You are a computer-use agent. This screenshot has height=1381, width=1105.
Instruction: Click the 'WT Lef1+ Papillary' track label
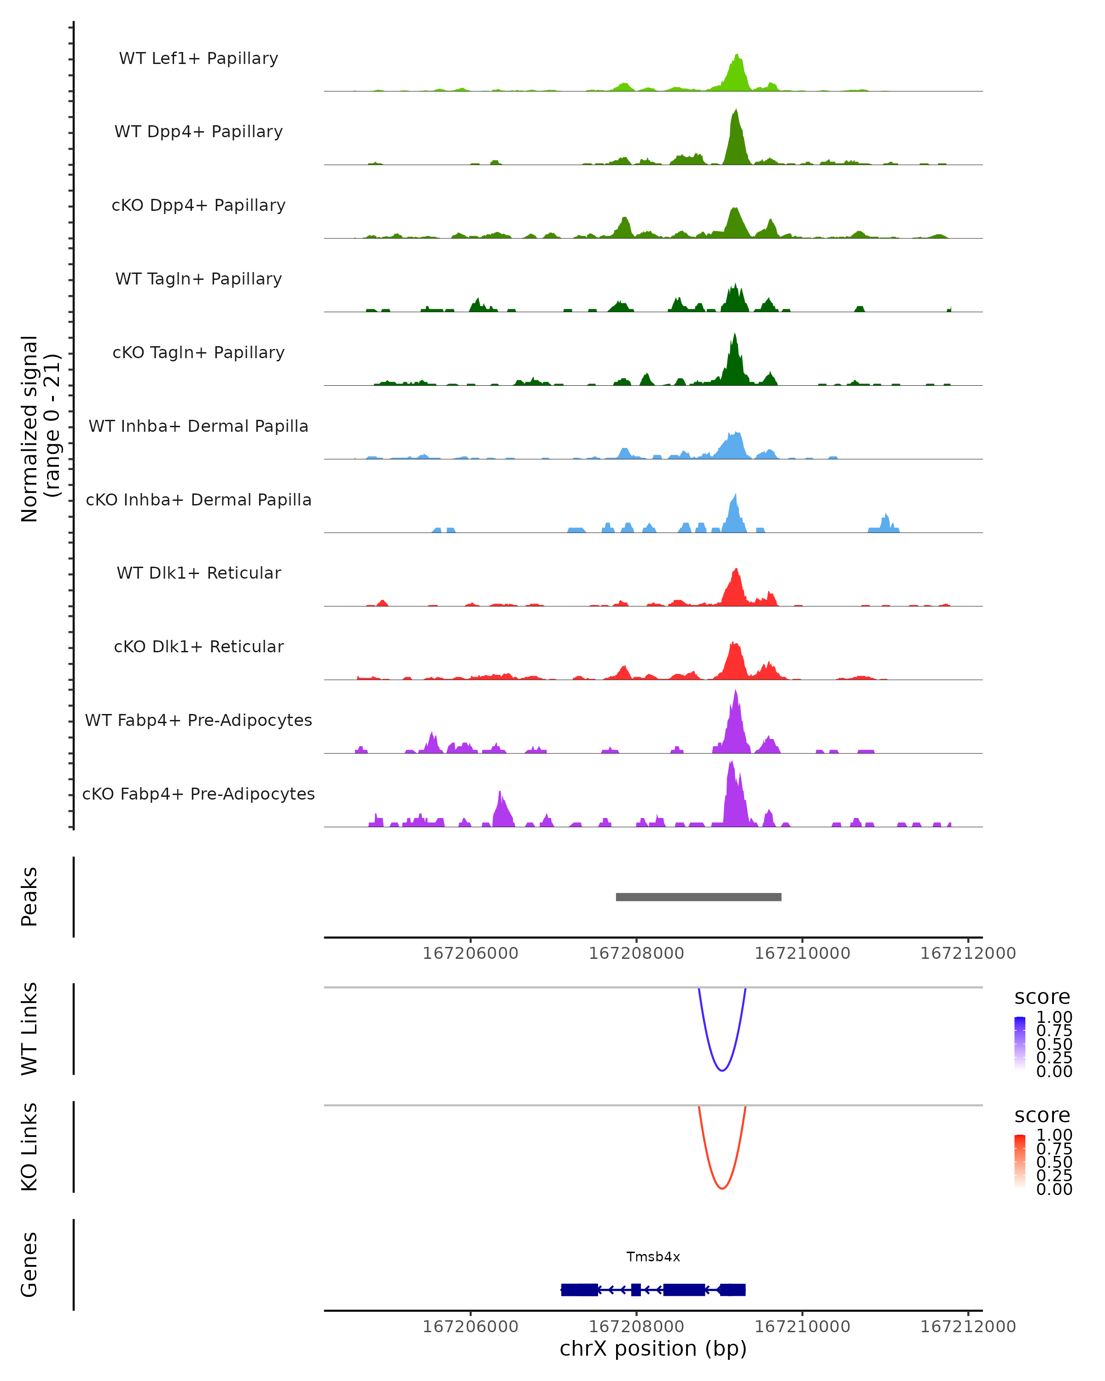pyautogui.click(x=198, y=58)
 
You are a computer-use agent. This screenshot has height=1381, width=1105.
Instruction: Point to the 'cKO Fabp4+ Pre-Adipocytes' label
pyautogui.click(x=198, y=794)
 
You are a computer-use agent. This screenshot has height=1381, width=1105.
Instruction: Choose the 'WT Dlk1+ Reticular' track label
pyautogui.click(x=198, y=573)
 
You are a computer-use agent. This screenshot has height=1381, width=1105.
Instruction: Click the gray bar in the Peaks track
pyautogui.click(x=698, y=897)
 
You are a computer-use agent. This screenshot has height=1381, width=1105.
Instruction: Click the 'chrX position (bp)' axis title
pyautogui.click(x=653, y=1348)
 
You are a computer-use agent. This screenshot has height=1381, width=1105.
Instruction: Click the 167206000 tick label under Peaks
pyautogui.click(x=470, y=953)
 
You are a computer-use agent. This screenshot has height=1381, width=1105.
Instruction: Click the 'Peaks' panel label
pyautogui.click(x=29, y=897)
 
